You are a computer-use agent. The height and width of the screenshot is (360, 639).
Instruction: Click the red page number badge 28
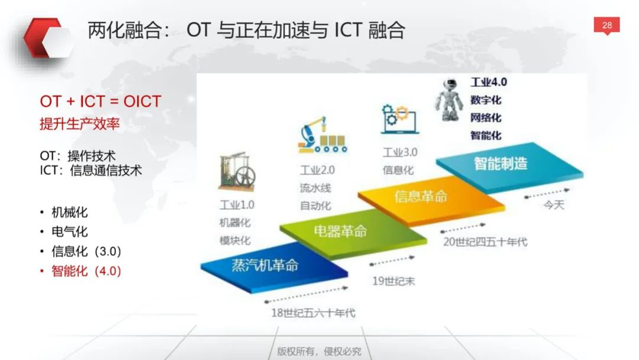(606, 25)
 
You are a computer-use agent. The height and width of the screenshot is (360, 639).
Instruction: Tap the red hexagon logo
(46, 38)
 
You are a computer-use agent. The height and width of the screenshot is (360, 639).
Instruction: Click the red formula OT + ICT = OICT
(100, 101)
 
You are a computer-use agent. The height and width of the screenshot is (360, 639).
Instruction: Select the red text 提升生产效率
(79, 124)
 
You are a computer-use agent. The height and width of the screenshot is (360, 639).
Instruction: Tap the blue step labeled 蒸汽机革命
(274, 267)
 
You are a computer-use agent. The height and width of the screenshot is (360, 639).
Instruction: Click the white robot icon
(448, 100)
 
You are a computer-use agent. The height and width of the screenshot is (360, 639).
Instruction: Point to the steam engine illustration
(237, 172)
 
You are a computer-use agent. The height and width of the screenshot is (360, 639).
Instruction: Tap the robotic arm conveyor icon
(322, 135)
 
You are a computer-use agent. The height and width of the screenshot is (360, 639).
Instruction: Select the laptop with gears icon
(399, 119)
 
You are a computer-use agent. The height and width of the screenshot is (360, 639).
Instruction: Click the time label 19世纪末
(393, 281)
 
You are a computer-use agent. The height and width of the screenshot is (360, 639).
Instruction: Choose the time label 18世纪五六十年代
(313, 313)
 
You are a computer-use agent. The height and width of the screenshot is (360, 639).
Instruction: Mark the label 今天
(554, 205)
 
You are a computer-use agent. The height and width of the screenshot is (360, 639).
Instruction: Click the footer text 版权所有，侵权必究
(319, 351)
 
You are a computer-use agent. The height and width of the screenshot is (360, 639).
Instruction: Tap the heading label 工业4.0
(489, 82)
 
